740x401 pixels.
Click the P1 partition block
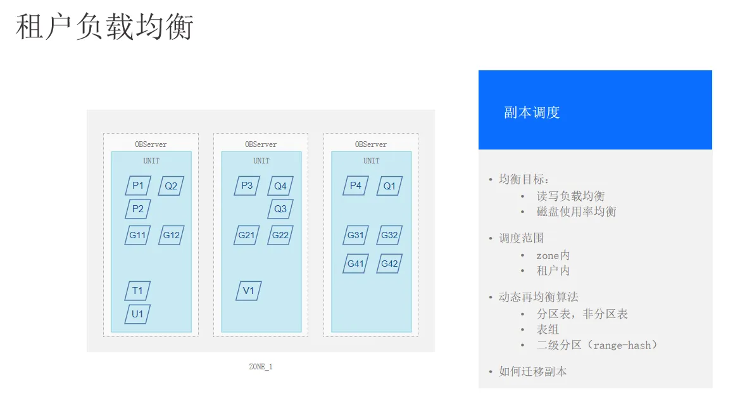pyautogui.click(x=138, y=186)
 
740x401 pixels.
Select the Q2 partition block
pyautogui.click(x=171, y=186)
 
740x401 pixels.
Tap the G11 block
pyautogui.click(x=137, y=235)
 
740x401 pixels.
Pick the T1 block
pyautogui.click(x=137, y=291)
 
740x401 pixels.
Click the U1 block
pyautogui.click(x=137, y=314)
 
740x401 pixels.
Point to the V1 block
pyautogui.click(x=248, y=291)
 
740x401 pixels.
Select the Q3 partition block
pyautogui.click(x=280, y=209)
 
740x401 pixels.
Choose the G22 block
pyautogui.click(x=280, y=235)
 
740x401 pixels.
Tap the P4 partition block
pyautogui.click(x=356, y=186)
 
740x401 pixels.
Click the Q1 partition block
pyautogui.click(x=389, y=186)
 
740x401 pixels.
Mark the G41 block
pyautogui.click(x=356, y=264)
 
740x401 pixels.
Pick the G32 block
pyautogui.click(x=389, y=235)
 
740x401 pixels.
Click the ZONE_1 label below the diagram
pyautogui.click(x=261, y=367)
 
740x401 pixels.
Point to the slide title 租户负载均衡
pyautogui.click(x=105, y=27)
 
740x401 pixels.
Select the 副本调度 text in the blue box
pyautogui.click(x=532, y=112)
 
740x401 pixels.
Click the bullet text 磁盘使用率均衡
pyautogui.click(x=576, y=211)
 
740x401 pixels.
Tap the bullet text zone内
pyautogui.click(x=553, y=255)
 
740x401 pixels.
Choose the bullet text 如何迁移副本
pyautogui.click(x=533, y=371)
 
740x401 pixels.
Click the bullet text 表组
pyautogui.click(x=548, y=329)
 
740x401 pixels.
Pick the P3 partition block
pyautogui.click(x=247, y=186)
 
